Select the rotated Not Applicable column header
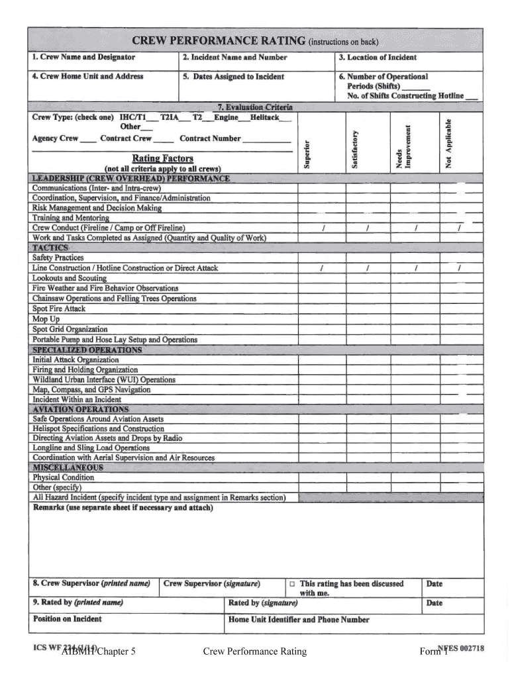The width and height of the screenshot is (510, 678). [448, 143]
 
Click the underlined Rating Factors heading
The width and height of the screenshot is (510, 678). [162, 158]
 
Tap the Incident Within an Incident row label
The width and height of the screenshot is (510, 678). [77, 400]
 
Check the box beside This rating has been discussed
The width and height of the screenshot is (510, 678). [291, 585]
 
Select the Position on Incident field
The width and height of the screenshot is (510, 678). [126, 623]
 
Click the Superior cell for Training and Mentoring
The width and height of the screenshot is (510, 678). [321, 218]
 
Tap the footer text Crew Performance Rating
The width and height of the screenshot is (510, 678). [255, 652]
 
